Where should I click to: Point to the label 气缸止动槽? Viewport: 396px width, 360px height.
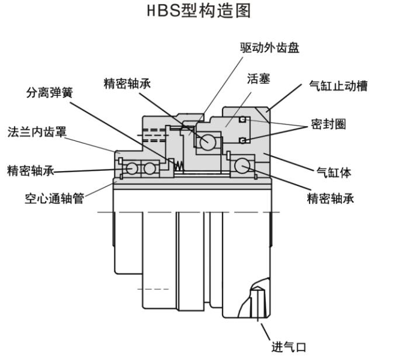coord(339,86)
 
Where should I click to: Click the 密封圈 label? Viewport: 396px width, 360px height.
coord(328,124)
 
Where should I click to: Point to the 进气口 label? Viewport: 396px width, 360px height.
coord(289,347)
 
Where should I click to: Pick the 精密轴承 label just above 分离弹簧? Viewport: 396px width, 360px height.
coord(127,83)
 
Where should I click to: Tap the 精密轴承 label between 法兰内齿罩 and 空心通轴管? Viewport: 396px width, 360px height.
coord(31,171)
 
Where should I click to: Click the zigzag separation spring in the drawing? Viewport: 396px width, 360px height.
coord(182,167)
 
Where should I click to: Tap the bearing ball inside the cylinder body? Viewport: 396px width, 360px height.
coord(241,167)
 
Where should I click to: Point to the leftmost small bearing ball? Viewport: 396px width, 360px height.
coord(132,168)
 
